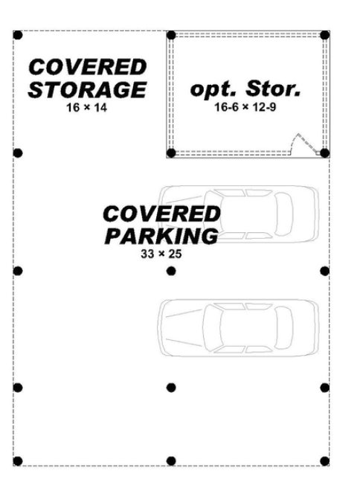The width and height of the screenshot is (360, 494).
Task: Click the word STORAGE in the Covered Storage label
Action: coord(87,89)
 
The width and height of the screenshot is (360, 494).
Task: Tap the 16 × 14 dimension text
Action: coord(86,107)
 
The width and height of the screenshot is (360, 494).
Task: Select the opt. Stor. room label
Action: coord(245,89)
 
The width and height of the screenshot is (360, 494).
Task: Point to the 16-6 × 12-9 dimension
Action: coord(245,107)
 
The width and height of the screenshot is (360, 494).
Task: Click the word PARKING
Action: coord(161,236)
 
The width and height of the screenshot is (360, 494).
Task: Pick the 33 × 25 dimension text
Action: coord(161,254)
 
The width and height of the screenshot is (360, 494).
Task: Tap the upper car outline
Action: coord(239,214)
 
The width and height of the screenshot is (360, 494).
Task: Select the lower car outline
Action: coord(239,327)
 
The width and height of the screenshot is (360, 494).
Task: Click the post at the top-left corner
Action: coord(18,35)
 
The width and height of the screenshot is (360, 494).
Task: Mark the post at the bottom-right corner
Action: coord(325,461)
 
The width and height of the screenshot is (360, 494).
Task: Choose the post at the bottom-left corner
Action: coord(18,461)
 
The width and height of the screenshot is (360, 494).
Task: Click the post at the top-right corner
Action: coord(325,35)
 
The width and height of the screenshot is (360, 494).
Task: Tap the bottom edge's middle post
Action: coord(171,461)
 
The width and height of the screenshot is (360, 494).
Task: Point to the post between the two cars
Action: coord(171,271)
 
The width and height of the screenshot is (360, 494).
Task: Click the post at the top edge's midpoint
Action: coord(171,35)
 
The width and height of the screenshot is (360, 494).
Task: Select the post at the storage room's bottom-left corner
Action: coord(171,153)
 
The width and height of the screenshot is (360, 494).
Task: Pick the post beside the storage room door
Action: coord(325,153)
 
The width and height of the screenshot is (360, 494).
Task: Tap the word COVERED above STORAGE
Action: coord(88,67)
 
